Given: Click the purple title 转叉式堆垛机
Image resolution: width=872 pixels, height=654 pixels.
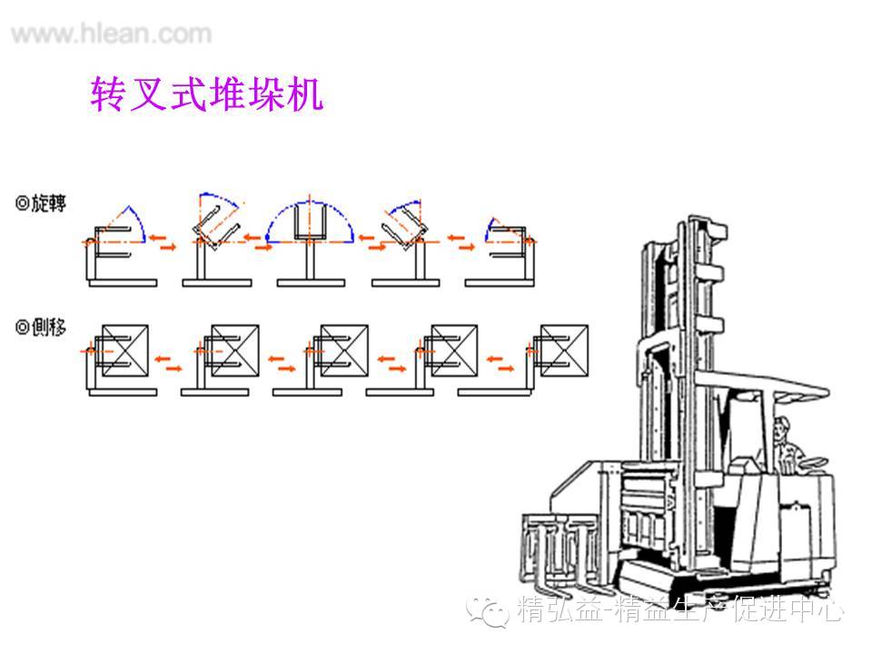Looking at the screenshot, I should point(207,94).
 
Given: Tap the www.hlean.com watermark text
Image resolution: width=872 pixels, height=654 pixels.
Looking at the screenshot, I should point(112,35).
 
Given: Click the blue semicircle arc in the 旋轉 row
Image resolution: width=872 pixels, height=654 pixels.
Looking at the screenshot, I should point(309,211).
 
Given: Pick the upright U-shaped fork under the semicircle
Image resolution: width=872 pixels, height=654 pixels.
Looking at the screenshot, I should point(309,225).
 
